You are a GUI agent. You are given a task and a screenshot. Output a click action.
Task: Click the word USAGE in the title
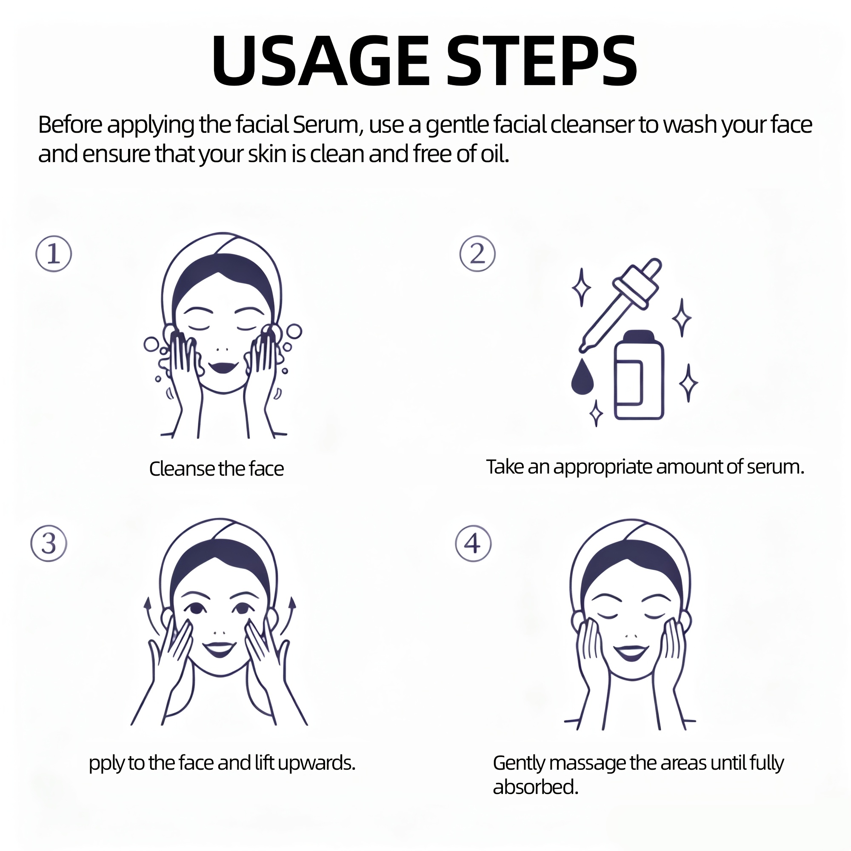tap(321, 60)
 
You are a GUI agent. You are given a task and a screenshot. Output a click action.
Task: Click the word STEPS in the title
tap(542, 60)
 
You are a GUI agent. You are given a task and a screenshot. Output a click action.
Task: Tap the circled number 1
tap(53, 254)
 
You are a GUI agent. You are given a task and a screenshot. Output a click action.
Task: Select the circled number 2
tap(477, 254)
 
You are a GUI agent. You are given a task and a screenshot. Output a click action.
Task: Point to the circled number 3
tap(49, 543)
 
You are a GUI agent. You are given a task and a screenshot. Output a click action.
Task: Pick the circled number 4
tap(473, 543)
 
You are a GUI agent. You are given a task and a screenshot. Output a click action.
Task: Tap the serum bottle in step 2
tap(639, 375)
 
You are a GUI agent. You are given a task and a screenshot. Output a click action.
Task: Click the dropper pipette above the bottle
tap(620, 305)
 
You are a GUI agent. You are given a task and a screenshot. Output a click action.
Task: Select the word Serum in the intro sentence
tap(328, 125)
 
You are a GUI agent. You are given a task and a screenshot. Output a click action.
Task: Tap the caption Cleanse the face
tap(216, 468)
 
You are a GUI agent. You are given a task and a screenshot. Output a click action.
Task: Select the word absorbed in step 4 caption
tap(535, 787)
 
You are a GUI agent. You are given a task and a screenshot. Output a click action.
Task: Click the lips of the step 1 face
tap(223, 366)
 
